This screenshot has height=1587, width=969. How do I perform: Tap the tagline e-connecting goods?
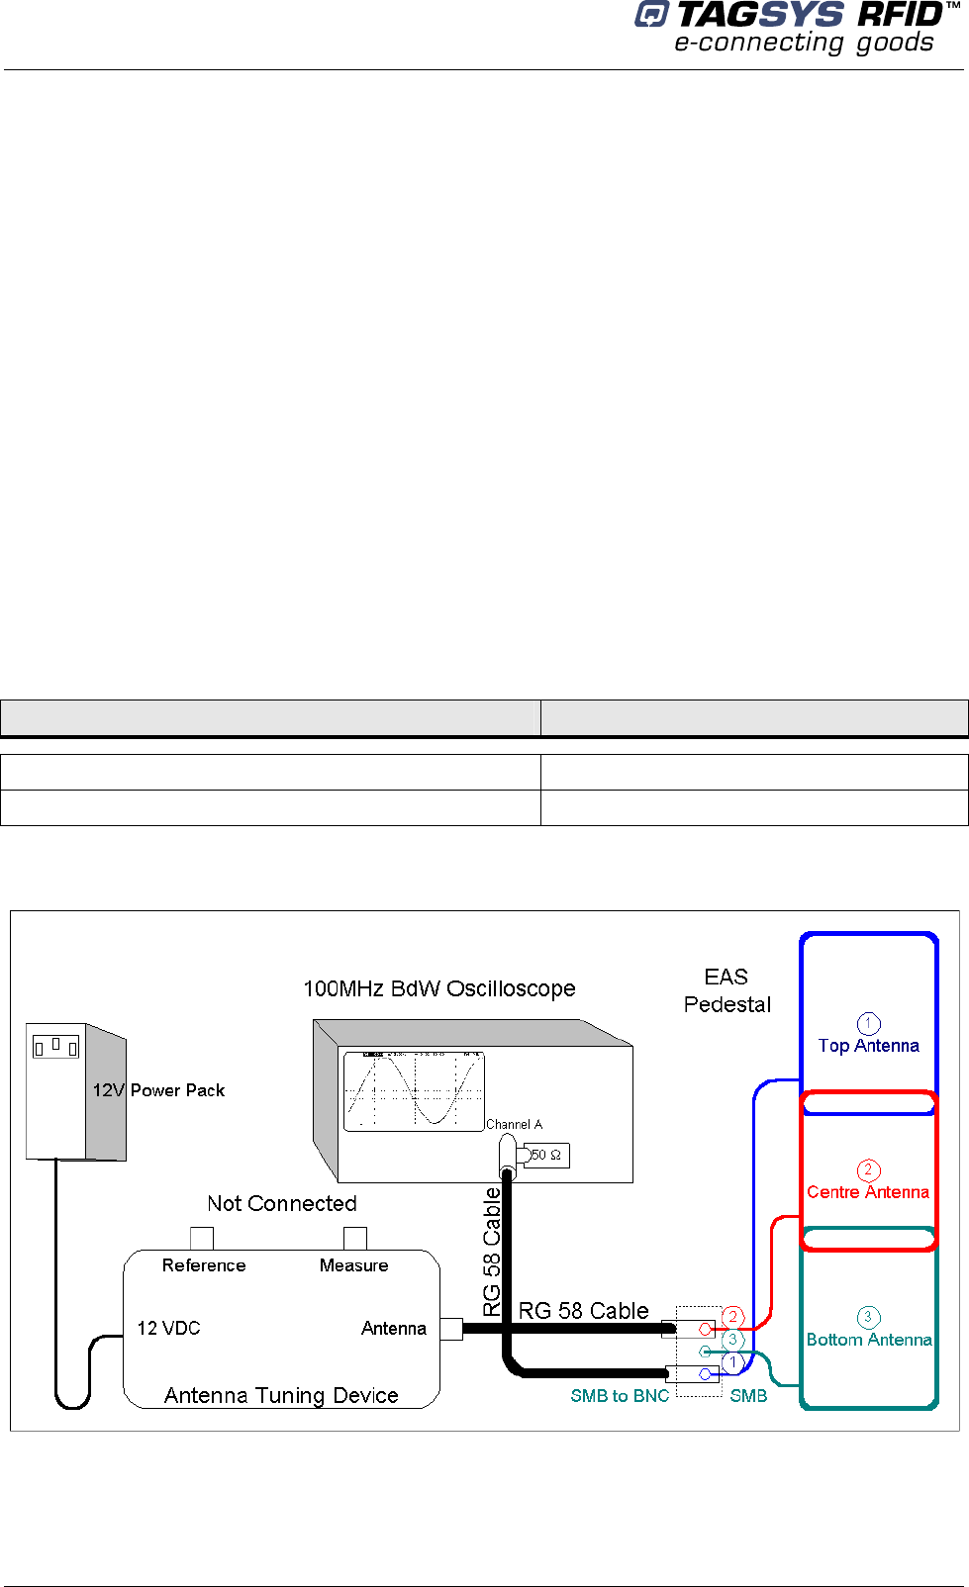(804, 43)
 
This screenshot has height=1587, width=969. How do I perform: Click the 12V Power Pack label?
(158, 1090)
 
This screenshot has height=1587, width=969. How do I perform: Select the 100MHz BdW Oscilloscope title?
(438, 988)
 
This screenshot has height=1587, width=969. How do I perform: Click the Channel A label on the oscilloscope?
(514, 1124)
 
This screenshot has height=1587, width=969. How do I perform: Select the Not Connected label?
(282, 1203)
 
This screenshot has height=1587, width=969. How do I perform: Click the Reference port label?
(204, 1265)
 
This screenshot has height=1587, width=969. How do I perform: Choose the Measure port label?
(353, 1265)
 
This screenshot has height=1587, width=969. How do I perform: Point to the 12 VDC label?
(168, 1328)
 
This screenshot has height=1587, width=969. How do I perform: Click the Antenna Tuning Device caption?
(281, 1395)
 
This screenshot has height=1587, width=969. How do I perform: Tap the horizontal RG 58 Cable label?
(583, 1311)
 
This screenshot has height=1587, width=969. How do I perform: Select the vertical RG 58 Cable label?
(492, 1252)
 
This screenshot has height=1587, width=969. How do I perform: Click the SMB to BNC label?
(620, 1395)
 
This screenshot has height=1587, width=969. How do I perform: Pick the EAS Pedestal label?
(727, 990)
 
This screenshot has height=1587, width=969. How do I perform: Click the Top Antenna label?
(868, 1046)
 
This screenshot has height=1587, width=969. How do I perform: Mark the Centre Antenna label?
(868, 1192)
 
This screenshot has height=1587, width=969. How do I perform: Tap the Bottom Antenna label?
(868, 1340)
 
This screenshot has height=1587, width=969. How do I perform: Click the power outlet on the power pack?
(55, 1046)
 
